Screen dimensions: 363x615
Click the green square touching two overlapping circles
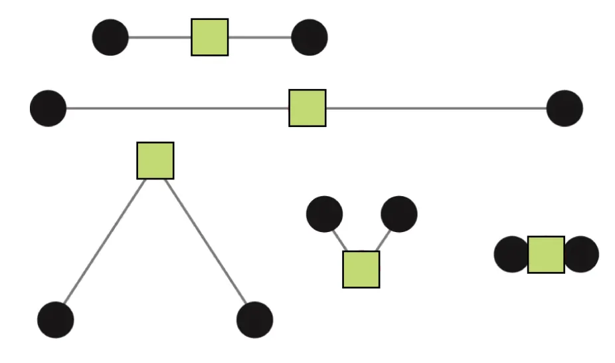[x=546, y=255]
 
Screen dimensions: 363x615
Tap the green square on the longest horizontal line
[x=307, y=108]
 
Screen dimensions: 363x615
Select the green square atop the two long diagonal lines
[x=155, y=160]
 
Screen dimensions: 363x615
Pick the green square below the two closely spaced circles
[x=361, y=269]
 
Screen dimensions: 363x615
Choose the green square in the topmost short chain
[x=210, y=37]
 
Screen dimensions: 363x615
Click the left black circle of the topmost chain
[x=110, y=37]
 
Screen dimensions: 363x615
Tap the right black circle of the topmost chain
[x=309, y=37]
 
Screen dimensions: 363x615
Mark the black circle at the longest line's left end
[x=48, y=108]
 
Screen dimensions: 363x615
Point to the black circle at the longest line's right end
[x=565, y=108]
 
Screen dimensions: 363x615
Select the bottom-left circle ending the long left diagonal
[x=56, y=320]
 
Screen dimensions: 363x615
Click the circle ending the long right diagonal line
[x=255, y=320]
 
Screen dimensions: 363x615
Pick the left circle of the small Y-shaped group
[x=325, y=215]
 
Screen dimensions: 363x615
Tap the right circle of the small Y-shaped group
[x=399, y=215]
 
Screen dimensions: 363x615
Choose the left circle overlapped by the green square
[x=511, y=255]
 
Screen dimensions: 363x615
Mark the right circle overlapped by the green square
[x=582, y=255]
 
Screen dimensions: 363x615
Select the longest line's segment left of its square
[x=177, y=108]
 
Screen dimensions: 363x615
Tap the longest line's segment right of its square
[x=436, y=108]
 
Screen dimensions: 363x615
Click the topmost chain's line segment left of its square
[x=159, y=37]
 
